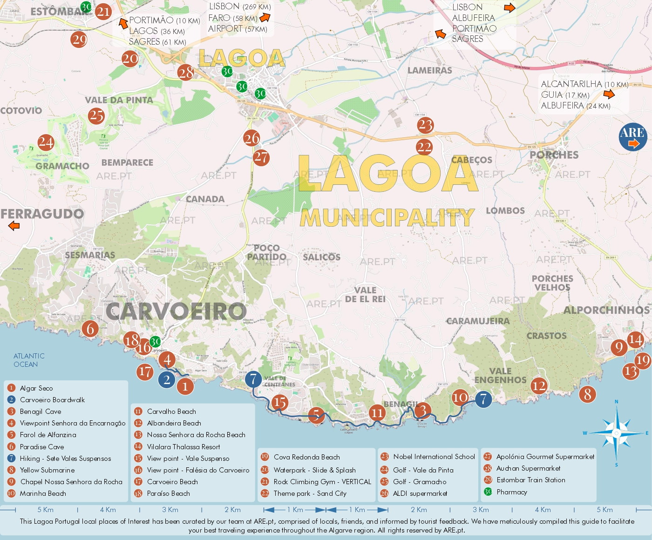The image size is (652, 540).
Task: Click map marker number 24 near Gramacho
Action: pyautogui.click(x=46, y=142)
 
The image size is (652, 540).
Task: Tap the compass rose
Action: pyautogui.click(x=616, y=433)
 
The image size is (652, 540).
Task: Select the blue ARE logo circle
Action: pyautogui.click(x=632, y=137)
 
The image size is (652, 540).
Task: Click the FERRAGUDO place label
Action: pyautogui.click(x=42, y=214)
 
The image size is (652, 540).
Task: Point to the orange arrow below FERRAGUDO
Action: pyautogui.click(x=14, y=226)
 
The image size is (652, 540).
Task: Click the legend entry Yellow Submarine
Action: pyautogui.click(x=47, y=470)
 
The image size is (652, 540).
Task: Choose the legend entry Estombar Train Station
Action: pyautogui.click(x=530, y=480)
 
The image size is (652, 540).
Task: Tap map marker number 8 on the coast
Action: pyautogui.click(x=587, y=394)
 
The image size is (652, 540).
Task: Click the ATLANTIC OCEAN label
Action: pyautogui.click(x=29, y=360)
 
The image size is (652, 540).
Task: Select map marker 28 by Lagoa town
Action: pyautogui.click(x=186, y=73)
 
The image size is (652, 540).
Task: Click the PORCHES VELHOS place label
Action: pyautogui.click(x=552, y=283)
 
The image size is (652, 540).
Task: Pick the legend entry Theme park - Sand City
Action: pyautogui.click(x=310, y=493)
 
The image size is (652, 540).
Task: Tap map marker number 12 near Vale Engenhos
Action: pyautogui.click(x=539, y=386)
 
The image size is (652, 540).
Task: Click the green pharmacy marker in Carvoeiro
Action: pyautogui.click(x=155, y=342)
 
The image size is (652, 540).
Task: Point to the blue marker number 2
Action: pyautogui.click(x=167, y=380)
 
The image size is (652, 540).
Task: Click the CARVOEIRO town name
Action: pyautogui.click(x=176, y=311)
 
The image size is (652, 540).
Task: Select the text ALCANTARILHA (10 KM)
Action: pyautogui.click(x=584, y=84)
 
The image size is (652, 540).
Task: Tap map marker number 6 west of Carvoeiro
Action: pyautogui.click(x=90, y=329)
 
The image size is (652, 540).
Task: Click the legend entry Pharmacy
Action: pyautogui.click(x=511, y=492)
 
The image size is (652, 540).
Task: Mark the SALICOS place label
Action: pyautogui.click(x=321, y=257)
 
